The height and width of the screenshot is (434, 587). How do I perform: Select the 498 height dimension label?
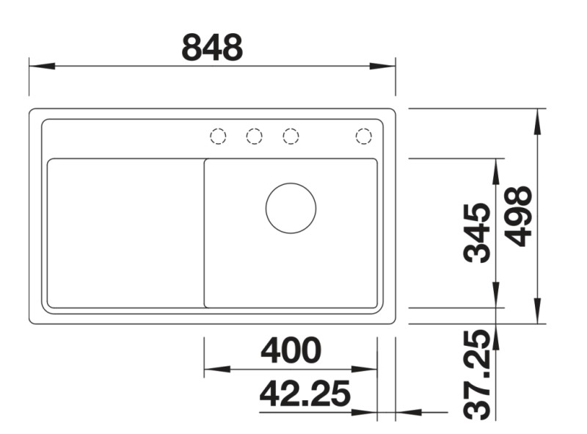[519, 216]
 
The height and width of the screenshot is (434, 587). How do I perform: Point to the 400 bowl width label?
[291, 350]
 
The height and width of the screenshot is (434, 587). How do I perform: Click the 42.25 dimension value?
[305, 394]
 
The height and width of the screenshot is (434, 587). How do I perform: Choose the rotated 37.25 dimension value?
[478, 374]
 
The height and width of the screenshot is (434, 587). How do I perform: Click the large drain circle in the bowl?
[291, 209]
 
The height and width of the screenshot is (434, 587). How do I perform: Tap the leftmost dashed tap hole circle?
[217, 136]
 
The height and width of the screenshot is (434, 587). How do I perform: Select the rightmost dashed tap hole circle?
[363, 136]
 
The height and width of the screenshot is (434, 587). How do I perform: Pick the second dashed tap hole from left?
[254, 136]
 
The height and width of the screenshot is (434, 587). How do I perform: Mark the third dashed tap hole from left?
[291, 136]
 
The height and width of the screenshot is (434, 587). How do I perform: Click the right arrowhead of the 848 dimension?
[382, 66]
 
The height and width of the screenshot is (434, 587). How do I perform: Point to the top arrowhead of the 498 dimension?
[539, 122]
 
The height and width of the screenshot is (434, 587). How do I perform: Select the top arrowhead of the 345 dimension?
[497, 170]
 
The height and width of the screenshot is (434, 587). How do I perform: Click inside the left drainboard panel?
[125, 233]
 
